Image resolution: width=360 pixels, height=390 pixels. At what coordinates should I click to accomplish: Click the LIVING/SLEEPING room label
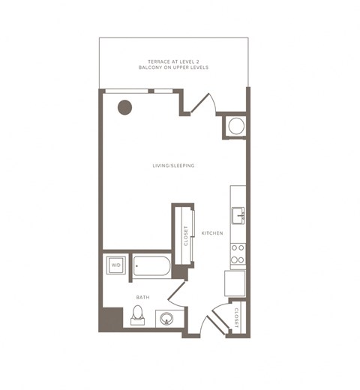[x=173, y=166]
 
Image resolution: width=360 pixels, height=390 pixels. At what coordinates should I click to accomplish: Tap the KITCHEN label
[x=212, y=233]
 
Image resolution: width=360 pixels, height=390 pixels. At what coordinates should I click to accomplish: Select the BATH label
[x=143, y=297]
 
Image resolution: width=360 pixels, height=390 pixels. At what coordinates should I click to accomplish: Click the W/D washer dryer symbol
[x=116, y=265]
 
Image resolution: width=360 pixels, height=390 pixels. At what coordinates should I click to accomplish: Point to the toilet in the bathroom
[x=137, y=315]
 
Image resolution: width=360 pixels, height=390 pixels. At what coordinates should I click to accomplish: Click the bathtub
[x=151, y=266]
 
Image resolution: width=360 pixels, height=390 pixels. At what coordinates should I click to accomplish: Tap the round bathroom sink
[x=166, y=319]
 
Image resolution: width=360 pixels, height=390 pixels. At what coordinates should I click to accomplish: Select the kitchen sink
[x=238, y=215]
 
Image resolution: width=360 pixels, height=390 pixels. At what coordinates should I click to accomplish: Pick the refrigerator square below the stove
[x=235, y=283]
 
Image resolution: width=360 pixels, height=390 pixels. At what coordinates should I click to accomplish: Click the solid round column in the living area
[x=124, y=107]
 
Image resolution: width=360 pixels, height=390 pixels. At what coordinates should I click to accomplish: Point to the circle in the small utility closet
[x=236, y=126]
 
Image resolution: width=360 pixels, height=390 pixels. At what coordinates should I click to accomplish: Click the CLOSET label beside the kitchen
[x=186, y=235]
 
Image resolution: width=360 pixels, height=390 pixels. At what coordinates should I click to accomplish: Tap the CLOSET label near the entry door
[x=236, y=318]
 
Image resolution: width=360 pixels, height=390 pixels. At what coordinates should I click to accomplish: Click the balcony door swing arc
[x=214, y=103]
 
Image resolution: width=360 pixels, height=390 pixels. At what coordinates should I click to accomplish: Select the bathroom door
[x=176, y=290]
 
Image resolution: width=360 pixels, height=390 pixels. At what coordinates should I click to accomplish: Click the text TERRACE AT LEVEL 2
[x=173, y=61]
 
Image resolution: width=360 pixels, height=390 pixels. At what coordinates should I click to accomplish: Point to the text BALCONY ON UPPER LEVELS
[x=173, y=67]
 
